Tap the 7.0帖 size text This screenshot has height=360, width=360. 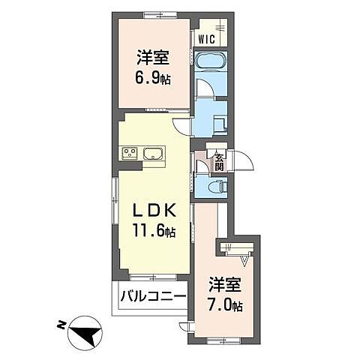226,306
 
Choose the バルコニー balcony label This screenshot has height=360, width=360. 154,298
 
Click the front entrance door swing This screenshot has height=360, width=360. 244,159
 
